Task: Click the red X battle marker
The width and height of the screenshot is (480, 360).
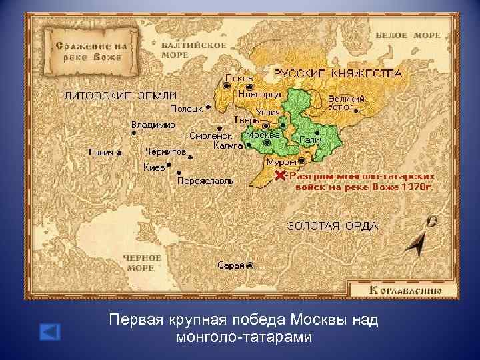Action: (280, 175)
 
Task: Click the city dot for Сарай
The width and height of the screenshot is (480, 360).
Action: (249, 265)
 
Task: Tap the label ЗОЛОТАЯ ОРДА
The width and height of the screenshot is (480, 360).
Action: (332, 225)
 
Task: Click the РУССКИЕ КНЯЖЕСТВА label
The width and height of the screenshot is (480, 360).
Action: (338, 73)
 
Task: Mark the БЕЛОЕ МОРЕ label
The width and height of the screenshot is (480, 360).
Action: (408, 35)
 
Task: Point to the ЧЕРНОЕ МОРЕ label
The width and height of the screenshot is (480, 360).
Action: (141, 262)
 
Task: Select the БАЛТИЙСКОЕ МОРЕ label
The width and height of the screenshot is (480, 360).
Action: (184, 50)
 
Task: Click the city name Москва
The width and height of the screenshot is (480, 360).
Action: (263, 135)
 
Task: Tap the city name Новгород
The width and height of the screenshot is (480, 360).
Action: (259, 95)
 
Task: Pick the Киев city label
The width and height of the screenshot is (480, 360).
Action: (153, 167)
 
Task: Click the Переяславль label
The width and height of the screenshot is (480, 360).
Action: (205, 181)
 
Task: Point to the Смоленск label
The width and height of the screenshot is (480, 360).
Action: (211, 135)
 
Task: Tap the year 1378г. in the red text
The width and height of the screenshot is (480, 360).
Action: (417, 187)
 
